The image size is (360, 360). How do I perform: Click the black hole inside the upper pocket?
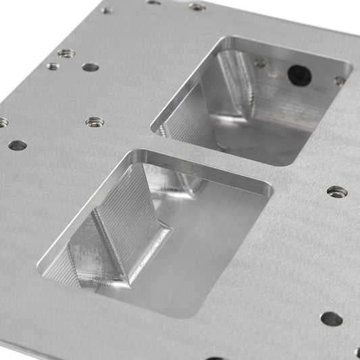300,75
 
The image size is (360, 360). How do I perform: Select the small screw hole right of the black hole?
340,80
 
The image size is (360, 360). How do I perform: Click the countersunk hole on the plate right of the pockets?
337,192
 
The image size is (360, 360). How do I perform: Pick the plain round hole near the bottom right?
331,319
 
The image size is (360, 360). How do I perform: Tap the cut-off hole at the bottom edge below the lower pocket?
214,358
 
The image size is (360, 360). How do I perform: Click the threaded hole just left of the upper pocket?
95,122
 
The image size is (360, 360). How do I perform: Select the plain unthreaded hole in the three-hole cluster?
90,68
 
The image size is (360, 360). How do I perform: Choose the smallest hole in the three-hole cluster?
53,66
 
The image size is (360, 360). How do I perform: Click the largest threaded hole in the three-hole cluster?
66,53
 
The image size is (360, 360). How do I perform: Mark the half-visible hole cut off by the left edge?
3,122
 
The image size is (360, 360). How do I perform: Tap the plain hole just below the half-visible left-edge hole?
18,145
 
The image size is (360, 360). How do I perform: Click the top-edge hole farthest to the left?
107,10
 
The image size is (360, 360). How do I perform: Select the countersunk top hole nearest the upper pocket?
197,7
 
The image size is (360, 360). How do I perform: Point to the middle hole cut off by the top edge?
154,2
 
